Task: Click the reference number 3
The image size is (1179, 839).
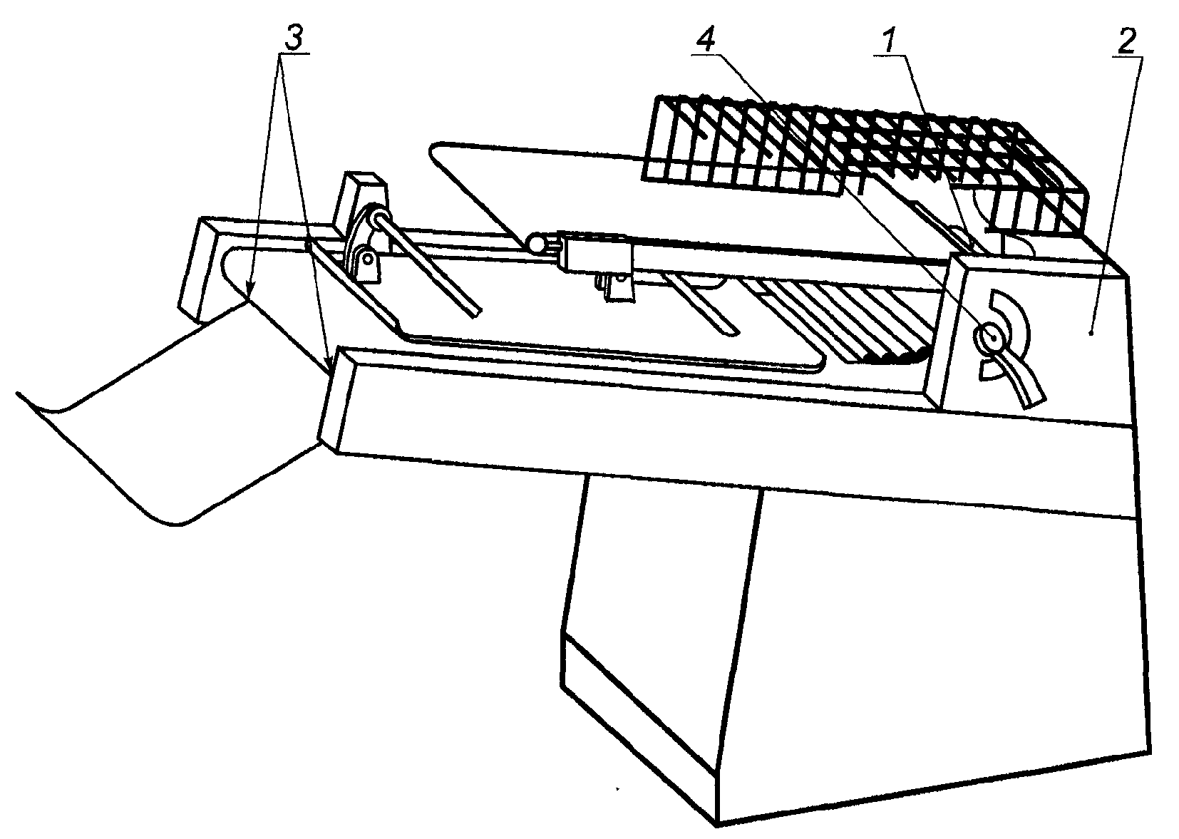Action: click(295, 38)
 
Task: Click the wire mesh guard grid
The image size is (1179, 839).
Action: click(863, 163)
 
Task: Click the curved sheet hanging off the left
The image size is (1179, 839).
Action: click(168, 416)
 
